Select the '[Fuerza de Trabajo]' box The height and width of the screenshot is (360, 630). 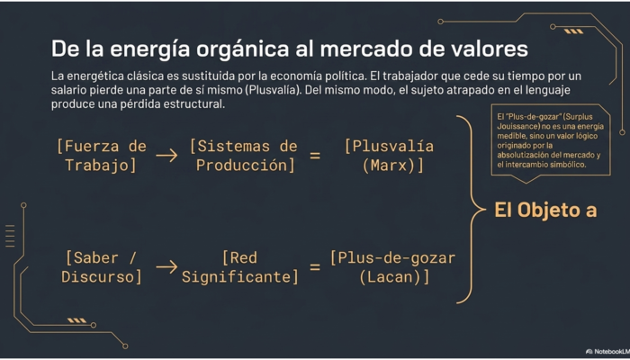[101, 156]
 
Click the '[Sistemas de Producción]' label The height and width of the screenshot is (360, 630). [244, 156]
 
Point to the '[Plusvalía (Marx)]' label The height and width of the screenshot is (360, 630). [390, 156]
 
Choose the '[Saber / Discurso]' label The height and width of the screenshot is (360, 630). [102, 267]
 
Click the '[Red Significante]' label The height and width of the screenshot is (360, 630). [240, 267]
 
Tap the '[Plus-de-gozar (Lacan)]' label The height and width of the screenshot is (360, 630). [392, 267]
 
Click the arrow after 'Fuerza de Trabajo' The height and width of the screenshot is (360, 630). [166, 156]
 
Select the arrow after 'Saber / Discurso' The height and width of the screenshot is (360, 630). [166, 267]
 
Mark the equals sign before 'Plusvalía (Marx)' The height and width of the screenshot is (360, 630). [315, 156]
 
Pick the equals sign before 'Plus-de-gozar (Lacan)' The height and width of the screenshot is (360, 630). [315, 267]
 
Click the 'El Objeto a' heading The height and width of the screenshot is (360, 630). [545, 210]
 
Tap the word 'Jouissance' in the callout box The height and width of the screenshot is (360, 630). [514, 126]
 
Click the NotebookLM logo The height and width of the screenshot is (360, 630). [607, 352]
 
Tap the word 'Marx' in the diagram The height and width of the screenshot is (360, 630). [390, 166]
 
